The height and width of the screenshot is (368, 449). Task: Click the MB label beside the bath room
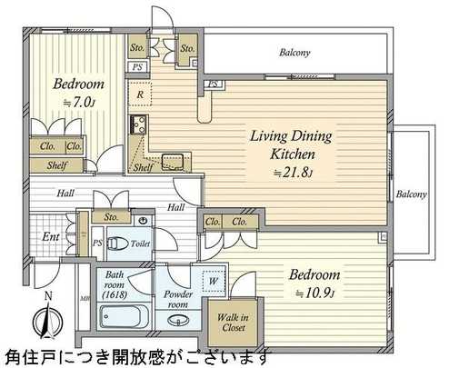85,296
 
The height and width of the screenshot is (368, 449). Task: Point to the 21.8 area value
289,171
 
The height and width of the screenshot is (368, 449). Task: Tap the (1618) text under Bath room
115,294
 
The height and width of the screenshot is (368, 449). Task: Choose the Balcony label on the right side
412,194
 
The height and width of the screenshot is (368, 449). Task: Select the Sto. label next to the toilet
113,218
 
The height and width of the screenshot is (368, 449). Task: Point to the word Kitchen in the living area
291,154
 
